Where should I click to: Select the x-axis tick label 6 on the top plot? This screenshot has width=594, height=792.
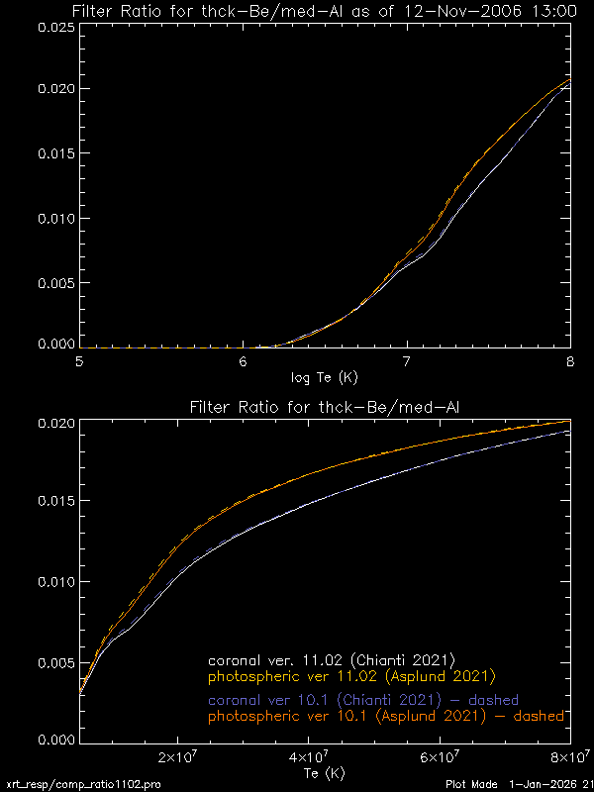tap(243, 363)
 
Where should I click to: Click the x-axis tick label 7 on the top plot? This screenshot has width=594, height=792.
tap(407, 363)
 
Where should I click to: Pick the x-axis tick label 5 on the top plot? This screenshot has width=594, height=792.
tap(79, 363)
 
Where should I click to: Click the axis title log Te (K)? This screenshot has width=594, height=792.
tap(324, 377)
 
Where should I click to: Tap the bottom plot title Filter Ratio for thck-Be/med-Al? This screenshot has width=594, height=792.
tap(324, 407)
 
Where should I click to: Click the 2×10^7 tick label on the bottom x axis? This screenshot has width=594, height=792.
tap(178, 758)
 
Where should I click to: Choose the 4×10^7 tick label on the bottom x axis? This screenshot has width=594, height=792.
tap(310, 758)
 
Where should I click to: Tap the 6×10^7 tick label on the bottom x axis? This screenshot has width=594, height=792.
tap(441, 758)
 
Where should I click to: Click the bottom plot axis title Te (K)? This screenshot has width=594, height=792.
tap(324, 773)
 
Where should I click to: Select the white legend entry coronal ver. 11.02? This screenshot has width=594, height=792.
tap(331, 658)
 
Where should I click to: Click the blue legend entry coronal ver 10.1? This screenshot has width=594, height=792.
tap(363, 699)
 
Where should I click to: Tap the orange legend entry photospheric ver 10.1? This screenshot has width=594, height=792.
tap(385, 715)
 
